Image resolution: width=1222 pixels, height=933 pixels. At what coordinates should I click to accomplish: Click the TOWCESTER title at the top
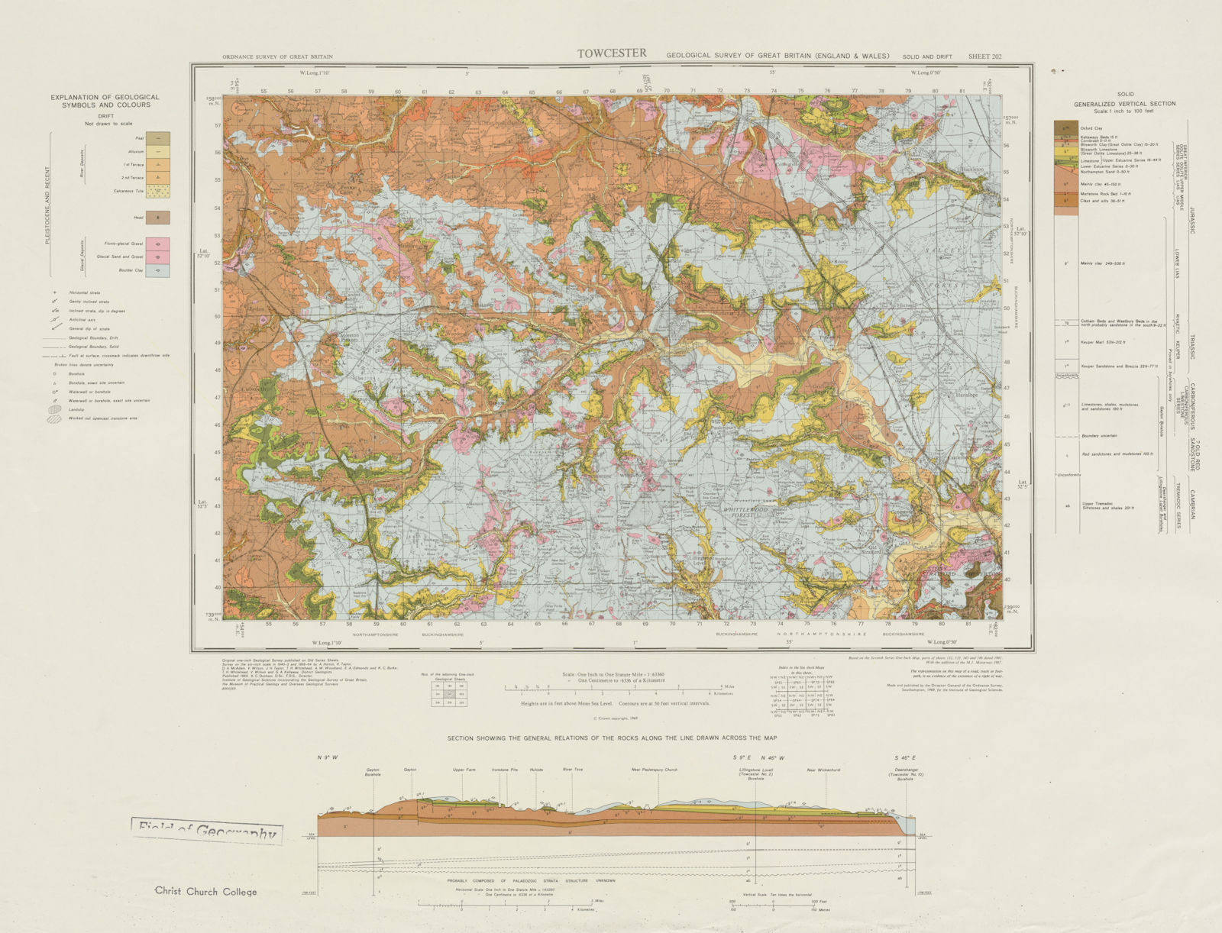click(611, 53)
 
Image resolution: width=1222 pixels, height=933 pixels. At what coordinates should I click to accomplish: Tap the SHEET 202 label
click(984, 56)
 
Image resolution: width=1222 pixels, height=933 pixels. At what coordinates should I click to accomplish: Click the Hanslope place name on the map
click(962, 396)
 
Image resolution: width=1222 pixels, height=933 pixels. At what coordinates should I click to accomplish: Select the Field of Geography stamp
click(206, 832)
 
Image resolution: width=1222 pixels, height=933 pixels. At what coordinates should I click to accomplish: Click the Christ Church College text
click(206, 891)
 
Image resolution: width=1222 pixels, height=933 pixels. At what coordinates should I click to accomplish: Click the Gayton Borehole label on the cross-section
click(373, 772)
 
